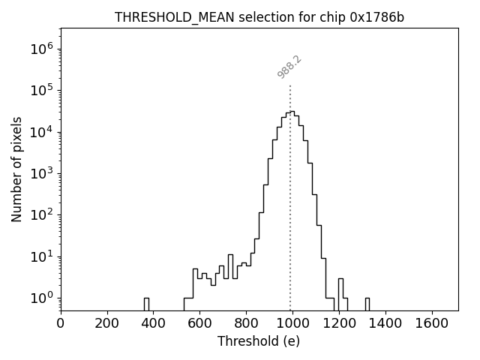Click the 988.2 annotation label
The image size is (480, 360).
[x=289, y=67]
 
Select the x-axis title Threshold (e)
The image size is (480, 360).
[x=259, y=341]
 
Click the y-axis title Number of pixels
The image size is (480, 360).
[x=17, y=169]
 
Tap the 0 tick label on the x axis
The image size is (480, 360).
[x=61, y=324]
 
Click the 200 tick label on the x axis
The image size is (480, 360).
[x=107, y=324]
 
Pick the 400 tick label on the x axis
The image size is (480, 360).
[x=154, y=324]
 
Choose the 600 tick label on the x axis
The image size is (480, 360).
[x=200, y=324]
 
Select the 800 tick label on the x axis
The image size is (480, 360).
[x=247, y=324]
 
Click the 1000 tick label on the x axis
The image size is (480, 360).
[x=292, y=324]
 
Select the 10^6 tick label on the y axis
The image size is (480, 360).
[x=42, y=49]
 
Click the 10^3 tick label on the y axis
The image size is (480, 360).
[x=42, y=174]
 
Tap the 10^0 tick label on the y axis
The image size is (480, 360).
[x=42, y=298]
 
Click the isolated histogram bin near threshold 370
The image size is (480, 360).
[x=146, y=303]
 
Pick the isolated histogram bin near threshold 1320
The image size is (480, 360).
[x=367, y=303]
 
